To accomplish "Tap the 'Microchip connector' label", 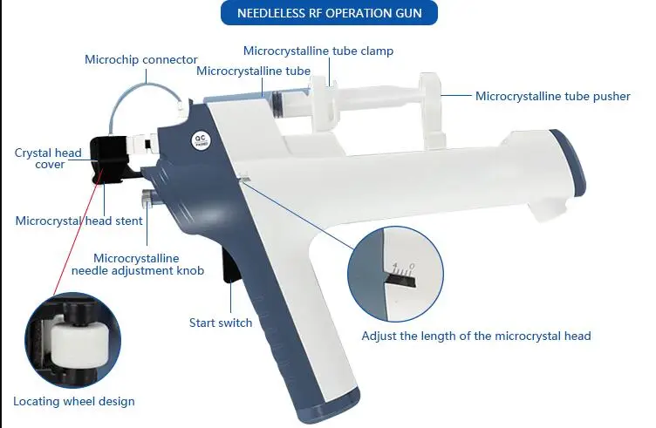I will coord(140,59).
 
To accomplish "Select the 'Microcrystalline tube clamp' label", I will coord(318,51).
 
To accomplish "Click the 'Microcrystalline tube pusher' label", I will coord(552,96).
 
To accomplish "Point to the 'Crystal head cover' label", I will coord(48,159).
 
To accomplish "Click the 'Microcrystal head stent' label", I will coord(79,221).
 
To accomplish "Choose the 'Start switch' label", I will coord(221,323).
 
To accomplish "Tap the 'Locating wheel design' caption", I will coord(74,401).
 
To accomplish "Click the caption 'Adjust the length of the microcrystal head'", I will coord(476,336).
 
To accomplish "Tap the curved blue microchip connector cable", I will coord(131,95).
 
